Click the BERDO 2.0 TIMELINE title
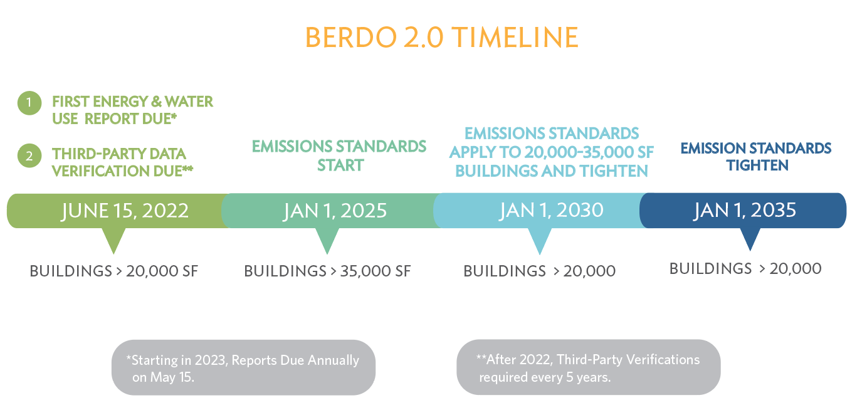(x=441, y=38)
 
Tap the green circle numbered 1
(x=29, y=103)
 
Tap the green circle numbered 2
(x=29, y=155)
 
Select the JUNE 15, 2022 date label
(x=125, y=211)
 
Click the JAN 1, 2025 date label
(x=335, y=211)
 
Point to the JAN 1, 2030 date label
(x=551, y=210)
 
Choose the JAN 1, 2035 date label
(x=745, y=210)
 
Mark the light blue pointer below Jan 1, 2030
(x=540, y=239)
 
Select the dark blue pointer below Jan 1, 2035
(x=750, y=238)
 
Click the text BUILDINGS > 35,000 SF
(x=327, y=271)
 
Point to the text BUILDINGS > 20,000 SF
(x=114, y=271)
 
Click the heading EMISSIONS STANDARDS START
(x=339, y=155)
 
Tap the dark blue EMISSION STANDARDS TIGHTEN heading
(x=756, y=156)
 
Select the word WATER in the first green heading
(x=189, y=102)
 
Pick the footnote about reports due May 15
(x=243, y=368)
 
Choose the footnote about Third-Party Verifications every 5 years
(x=588, y=368)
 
